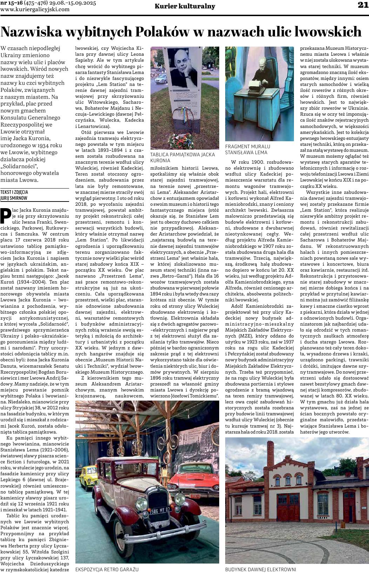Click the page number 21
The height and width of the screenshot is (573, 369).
coord(363,5)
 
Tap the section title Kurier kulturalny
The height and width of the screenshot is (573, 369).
coord(185,6)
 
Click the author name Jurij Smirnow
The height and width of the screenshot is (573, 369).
coord(14,198)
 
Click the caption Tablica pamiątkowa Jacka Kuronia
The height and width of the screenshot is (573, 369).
coord(182,157)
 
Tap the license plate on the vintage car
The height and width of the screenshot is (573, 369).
coord(160,510)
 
